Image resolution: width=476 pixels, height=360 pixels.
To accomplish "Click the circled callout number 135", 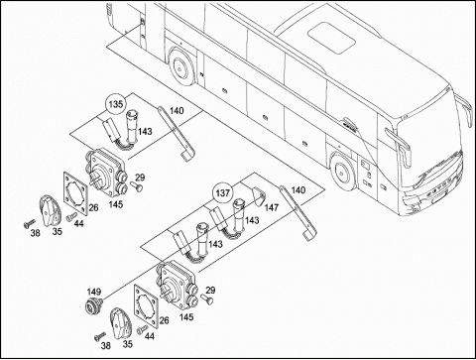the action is pyautogui.click(x=116, y=104).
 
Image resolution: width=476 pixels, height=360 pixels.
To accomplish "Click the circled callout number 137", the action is pyautogui.click(x=222, y=192).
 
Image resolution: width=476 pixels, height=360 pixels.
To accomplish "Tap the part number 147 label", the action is pyautogui.click(x=272, y=207).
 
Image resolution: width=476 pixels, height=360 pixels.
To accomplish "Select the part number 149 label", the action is pyautogui.click(x=94, y=292).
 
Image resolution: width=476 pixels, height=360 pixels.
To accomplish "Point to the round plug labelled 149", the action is pyautogui.click(x=92, y=304).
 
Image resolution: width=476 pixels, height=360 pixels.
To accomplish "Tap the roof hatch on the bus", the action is pyautogui.click(x=331, y=38).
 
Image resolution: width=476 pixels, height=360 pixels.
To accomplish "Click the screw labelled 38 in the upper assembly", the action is pyautogui.click(x=29, y=224).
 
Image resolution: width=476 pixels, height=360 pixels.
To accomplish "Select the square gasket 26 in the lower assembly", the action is pyautogui.click(x=147, y=306).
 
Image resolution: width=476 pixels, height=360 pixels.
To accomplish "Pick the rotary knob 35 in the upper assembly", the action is pyautogui.click(x=51, y=210).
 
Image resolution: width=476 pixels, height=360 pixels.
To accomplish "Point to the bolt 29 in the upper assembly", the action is pyautogui.click(x=136, y=186).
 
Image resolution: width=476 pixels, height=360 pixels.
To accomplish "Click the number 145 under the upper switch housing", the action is pyautogui.click(x=116, y=204).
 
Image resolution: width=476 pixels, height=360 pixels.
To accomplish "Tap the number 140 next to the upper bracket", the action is pyautogui.click(x=177, y=111).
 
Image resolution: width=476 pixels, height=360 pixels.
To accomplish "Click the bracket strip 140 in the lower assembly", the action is pyautogui.click(x=297, y=213).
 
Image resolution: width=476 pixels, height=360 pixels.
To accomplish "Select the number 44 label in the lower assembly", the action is pyautogui.click(x=150, y=336).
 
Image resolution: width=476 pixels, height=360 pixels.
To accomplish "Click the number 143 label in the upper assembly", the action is pyautogui.click(x=145, y=132).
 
